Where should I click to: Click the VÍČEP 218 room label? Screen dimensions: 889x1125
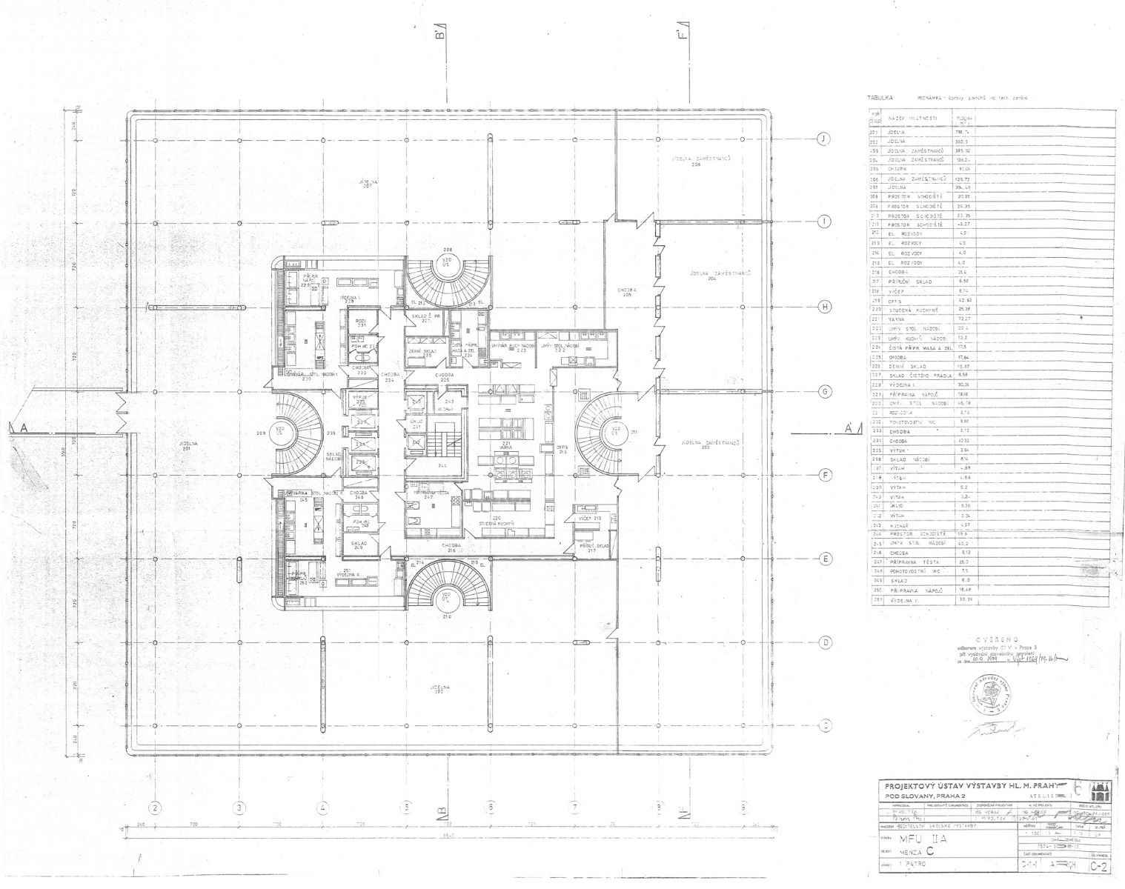589,519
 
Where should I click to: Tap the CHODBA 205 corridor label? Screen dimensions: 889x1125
628,292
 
